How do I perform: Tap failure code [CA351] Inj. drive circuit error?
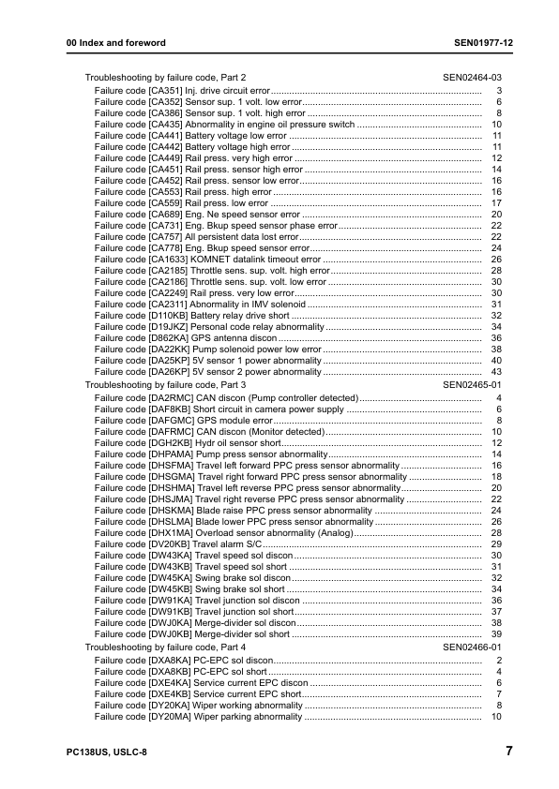[x=182, y=90]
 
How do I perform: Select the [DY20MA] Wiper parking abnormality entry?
[x=198, y=717]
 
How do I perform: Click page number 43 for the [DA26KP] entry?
[x=497, y=372]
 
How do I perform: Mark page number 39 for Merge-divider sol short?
[x=497, y=634]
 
